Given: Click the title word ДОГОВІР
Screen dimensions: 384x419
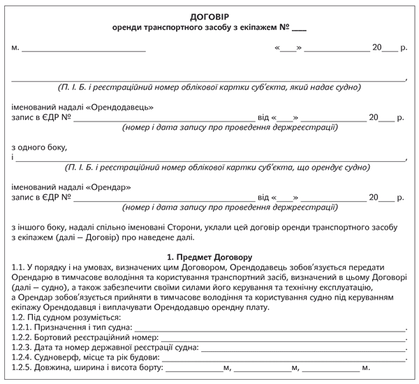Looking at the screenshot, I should click(209, 16).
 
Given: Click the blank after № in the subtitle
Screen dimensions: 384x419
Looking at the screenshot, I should click(297, 30).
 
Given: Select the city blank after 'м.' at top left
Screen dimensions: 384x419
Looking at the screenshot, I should click(84, 50).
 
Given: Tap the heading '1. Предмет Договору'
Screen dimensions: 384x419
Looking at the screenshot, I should click(209, 258).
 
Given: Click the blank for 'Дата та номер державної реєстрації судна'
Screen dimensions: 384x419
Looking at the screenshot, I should click(303, 346).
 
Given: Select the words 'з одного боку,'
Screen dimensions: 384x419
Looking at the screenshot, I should click(39, 147).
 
